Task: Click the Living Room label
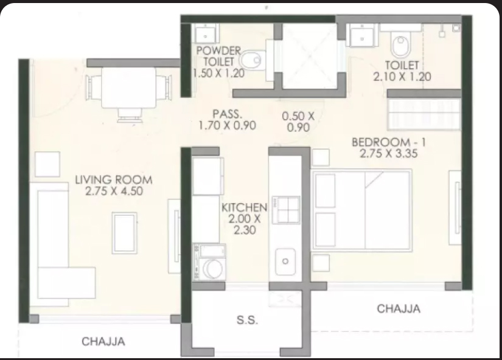tap(114, 180)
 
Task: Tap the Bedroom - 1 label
tap(389, 142)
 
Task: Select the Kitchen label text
tap(244, 207)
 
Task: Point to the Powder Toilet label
tap(218, 56)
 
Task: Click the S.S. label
tap(247, 320)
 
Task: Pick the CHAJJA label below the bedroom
tap(399, 308)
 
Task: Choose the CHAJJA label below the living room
tap(103, 341)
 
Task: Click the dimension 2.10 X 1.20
tap(402, 77)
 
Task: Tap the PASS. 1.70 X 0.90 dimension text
tap(228, 120)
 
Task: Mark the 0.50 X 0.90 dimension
tap(298, 122)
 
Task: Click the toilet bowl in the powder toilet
tap(252, 60)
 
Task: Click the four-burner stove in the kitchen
tap(286, 210)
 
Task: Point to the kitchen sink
tap(285, 261)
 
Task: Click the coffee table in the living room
tap(125, 233)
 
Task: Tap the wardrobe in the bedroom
tap(424, 114)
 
